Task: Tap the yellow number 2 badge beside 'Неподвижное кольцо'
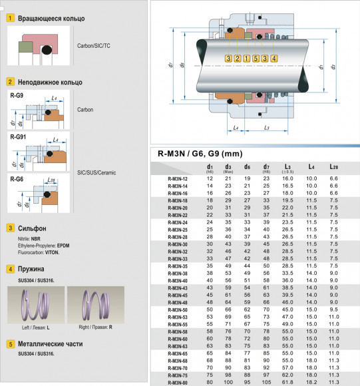tap(10, 82)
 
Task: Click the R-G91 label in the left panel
tap(20, 137)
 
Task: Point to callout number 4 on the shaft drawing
tap(273, 59)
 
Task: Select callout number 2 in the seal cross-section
tap(238, 59)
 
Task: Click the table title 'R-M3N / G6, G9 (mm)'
tap(200, 154)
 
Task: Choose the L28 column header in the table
tap(335, 167)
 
